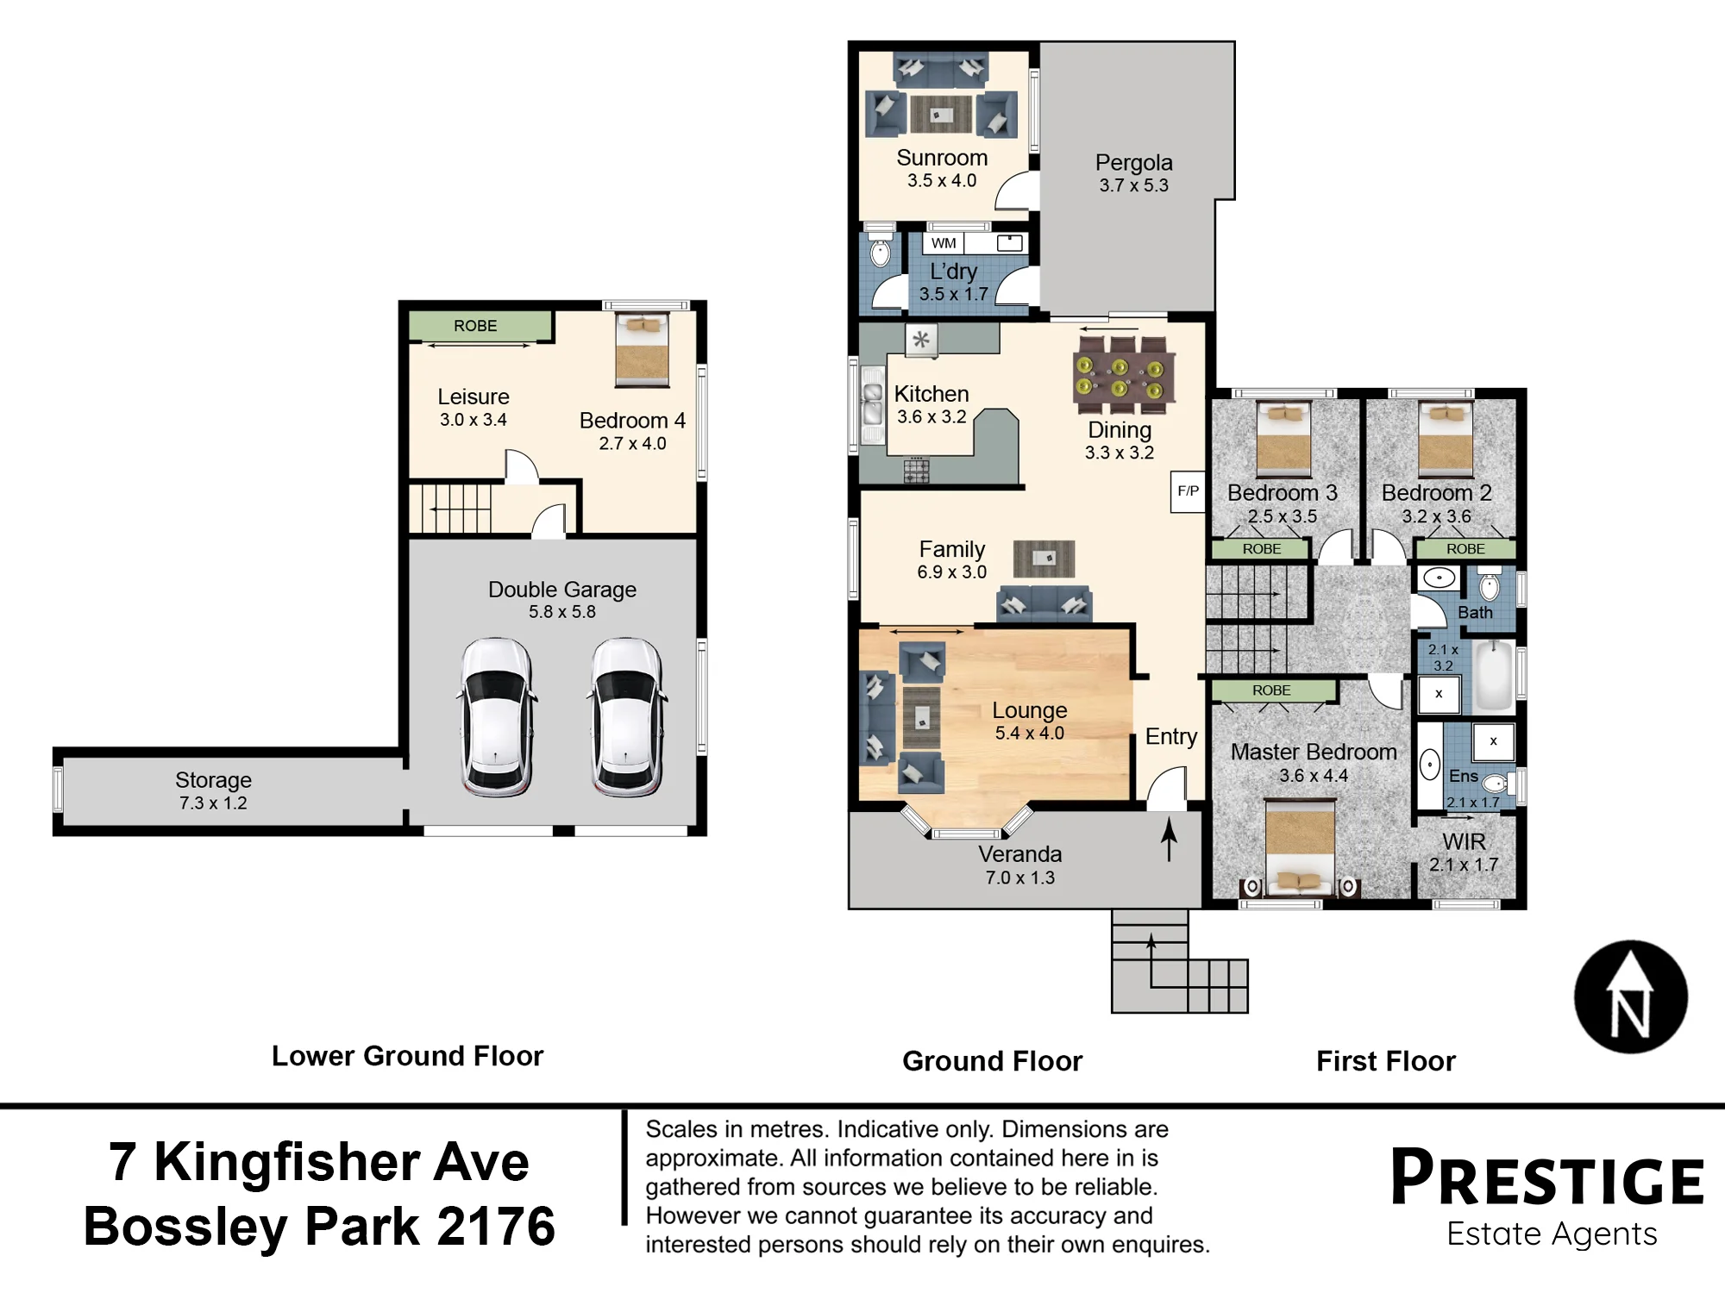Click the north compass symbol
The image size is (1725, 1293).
pos(1630,996)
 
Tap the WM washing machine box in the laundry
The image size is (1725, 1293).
pos(944,243)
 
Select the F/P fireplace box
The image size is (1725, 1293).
pos(1188,491)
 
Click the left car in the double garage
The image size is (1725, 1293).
pos(496,715)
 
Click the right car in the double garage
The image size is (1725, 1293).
pos(627,715)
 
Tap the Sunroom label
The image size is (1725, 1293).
pos(942,158)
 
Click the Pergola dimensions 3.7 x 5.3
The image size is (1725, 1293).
pos(1133,185)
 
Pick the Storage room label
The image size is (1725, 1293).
pos(213,780)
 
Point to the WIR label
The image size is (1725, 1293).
pos(1465,841)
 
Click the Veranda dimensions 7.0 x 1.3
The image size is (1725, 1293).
pos(1020,878)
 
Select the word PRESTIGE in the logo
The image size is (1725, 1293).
pos(1547,1177)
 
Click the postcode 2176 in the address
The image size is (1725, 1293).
pos(496,1226)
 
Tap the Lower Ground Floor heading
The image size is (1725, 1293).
pos(407,1056)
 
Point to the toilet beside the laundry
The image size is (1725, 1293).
pos(880,248)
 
